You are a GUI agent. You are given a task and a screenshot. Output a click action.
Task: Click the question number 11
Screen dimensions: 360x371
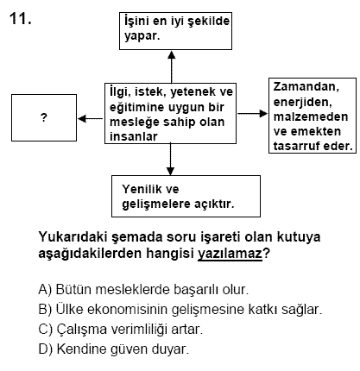[20, 19]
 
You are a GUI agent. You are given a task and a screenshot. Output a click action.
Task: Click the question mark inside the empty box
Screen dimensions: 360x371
[44, 117]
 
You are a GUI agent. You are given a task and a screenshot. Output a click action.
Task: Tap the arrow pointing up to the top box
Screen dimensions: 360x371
[172, 67]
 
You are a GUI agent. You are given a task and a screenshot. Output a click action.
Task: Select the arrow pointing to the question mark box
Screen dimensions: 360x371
[91, 118]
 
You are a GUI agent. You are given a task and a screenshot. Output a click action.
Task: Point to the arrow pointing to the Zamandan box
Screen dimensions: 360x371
[252, 114]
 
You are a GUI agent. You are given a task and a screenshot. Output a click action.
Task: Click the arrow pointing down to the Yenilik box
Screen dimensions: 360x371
[170, 159]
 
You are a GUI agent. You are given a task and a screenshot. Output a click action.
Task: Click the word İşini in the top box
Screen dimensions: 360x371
[136, 22]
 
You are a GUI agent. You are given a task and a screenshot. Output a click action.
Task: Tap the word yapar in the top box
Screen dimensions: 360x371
[142, 37]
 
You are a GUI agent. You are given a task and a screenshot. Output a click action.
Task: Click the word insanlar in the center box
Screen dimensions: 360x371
[134, 136]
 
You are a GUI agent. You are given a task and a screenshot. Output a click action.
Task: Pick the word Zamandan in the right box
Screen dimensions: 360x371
[306, 87]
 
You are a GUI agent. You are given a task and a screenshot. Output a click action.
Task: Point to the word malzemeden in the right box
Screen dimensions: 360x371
[311, 116]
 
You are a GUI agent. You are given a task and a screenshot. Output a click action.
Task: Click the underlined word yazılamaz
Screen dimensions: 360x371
[231, 254]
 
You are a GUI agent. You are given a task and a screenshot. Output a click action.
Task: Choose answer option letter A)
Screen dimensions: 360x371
[45, 289]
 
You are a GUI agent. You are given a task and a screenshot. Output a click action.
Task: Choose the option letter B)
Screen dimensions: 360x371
[45, 310]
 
